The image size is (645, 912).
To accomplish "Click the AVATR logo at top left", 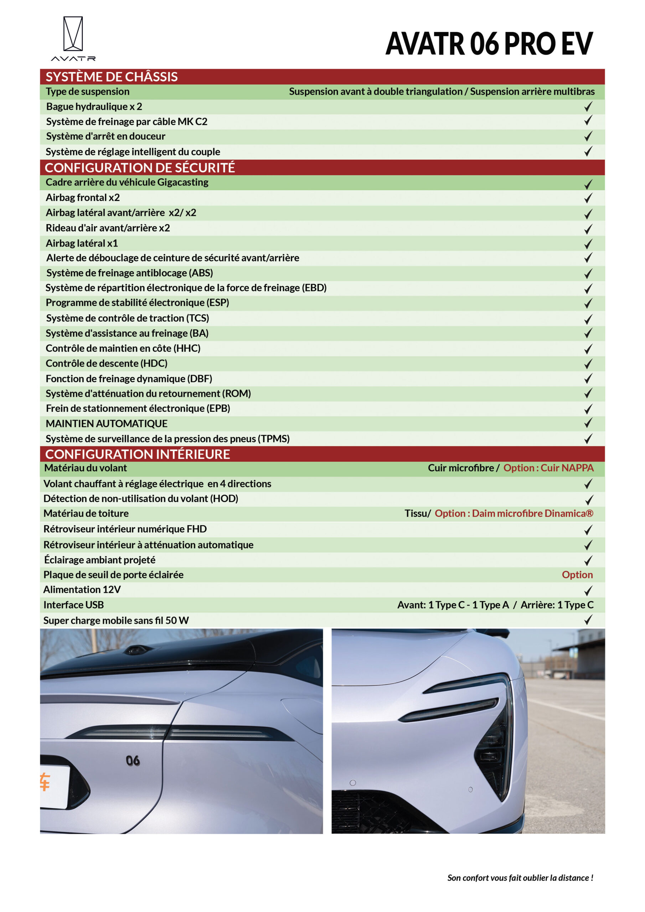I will [73, 38].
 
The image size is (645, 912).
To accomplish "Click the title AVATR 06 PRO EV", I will [489, 44].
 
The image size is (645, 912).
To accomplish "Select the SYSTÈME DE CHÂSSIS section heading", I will [112, 77].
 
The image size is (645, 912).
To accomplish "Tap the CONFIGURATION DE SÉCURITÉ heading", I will [140, 168].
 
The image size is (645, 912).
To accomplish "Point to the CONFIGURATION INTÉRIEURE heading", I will [138, 454].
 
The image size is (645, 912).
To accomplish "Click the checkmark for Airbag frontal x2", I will [588, 198].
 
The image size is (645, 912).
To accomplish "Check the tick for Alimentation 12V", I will [588, 590].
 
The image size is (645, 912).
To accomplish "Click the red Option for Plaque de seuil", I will [577, 575].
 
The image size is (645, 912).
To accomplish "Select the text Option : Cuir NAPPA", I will [548, 468].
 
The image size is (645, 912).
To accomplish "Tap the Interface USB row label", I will [73, 605].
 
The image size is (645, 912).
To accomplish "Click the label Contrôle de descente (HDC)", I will [107, 363].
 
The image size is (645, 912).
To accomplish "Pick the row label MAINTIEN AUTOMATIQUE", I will [107, 424].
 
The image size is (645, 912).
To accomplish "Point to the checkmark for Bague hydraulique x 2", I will [588, 107].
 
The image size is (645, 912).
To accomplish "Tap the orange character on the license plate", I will [45, 782].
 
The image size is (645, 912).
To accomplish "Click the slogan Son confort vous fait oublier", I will [520, 878].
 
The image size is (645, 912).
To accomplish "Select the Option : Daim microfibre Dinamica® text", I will [514, 514].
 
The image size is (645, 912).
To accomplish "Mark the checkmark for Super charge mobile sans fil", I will [588, 620].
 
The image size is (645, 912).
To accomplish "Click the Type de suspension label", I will [88, 92].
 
